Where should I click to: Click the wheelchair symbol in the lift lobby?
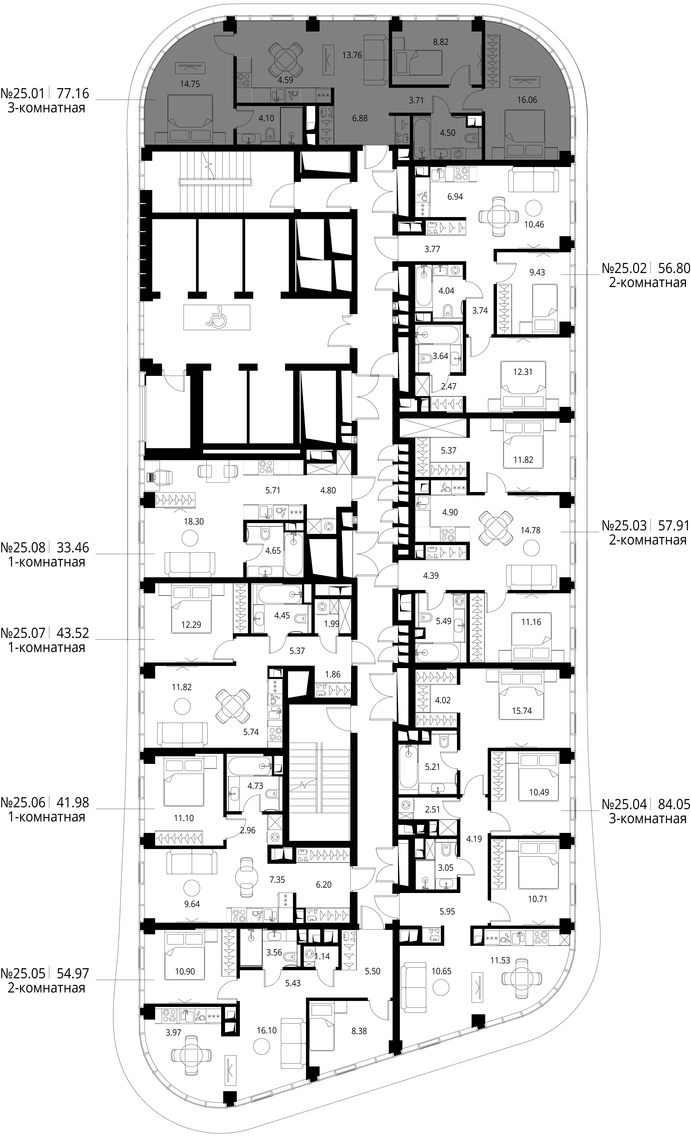(x=217, y=317)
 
